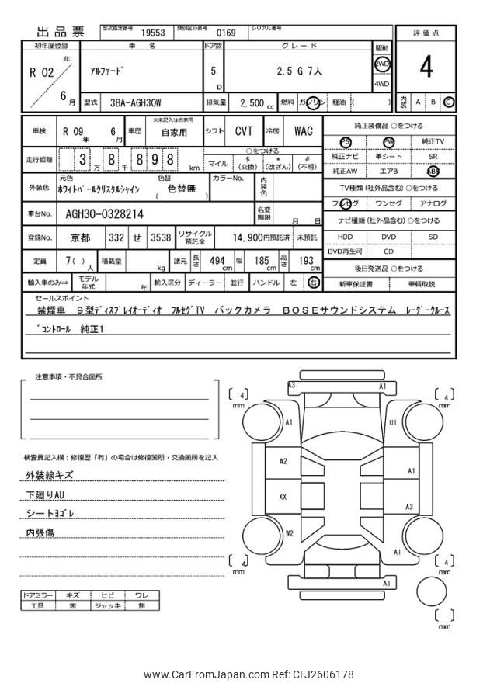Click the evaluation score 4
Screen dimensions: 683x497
(426, 68)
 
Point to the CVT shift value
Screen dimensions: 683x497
(243, 131)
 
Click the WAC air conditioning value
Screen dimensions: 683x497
(303, 131)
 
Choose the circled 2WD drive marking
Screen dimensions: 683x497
(382, 64)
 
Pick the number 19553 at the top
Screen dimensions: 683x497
(153, 33)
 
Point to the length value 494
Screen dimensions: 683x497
(217, 262)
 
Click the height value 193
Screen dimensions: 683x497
(306, 262)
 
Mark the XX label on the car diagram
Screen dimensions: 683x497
(283, 496)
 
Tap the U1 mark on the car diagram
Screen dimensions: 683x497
(393, 422)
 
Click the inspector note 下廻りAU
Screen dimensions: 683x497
(45, 494)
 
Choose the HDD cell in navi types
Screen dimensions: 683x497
(345, 237)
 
